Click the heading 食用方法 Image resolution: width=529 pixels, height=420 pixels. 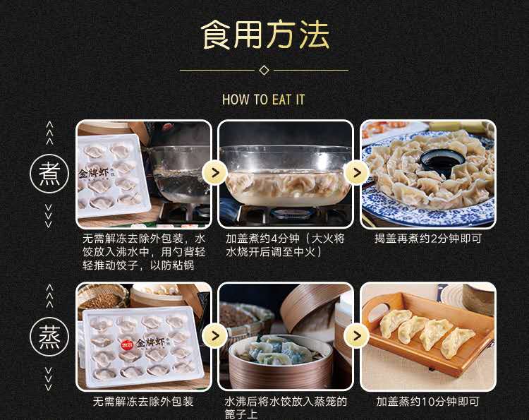(264, 35)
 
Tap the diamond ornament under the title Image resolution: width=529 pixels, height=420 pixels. (264, 70)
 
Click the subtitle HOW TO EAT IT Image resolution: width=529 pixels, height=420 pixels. (264, 100)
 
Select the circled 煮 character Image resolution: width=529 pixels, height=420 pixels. (49, 174)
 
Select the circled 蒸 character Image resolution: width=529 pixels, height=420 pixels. (49, 337)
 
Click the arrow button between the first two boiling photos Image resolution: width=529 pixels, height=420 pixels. (214, 173)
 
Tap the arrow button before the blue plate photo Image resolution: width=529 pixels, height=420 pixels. (356, 173)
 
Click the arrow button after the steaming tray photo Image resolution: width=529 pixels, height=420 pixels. (214, 336)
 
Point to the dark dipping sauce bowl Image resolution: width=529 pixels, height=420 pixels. (442, 162)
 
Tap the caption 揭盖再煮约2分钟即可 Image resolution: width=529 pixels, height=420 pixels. (428, 239)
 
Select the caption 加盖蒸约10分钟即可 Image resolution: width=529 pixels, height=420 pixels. (428, 402)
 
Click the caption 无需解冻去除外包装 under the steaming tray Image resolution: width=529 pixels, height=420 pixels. (143, 402)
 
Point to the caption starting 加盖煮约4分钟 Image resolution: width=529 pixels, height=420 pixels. (286, 246)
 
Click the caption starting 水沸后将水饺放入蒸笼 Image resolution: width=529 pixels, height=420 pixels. (286, 408)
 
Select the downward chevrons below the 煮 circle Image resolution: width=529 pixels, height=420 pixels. (49, 216)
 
